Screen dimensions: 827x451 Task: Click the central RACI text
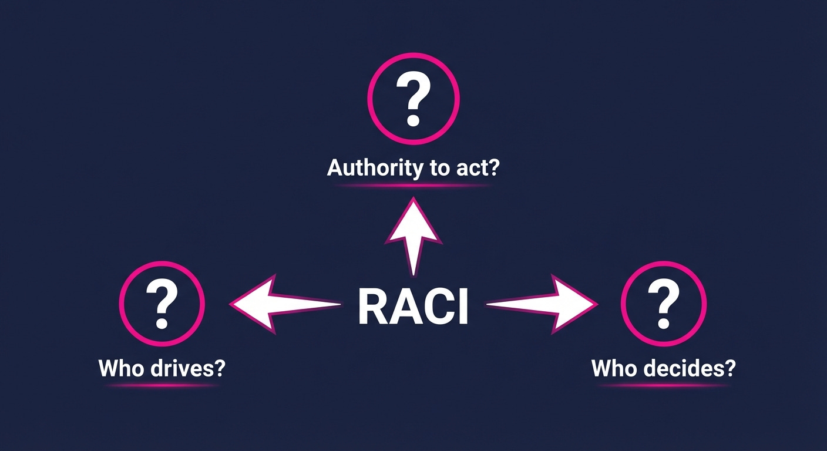(413, 306)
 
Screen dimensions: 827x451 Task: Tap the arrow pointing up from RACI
(413, 235)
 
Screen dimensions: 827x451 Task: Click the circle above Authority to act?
(413, 99)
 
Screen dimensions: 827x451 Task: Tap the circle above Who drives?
(162, 303)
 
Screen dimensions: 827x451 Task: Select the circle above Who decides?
(664, 303)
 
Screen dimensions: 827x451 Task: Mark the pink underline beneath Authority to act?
(413, 186)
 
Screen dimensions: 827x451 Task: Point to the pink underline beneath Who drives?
(162, 385)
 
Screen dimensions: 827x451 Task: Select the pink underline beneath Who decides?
(664, 385)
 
